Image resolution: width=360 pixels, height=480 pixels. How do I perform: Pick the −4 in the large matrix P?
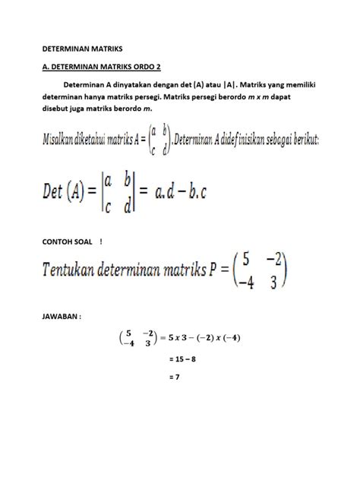click(243, 282)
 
